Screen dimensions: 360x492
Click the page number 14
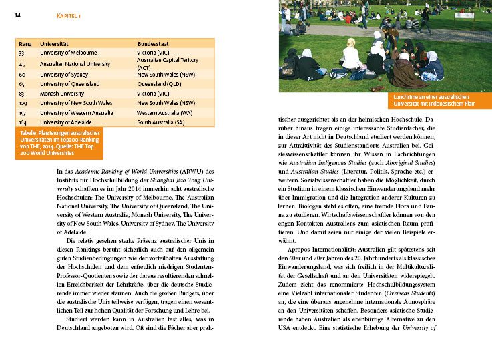[17, 15]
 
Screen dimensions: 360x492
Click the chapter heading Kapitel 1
[69, 15]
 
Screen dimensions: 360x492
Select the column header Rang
[25, 43]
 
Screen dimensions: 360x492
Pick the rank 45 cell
[22, 64]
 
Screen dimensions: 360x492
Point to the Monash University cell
[62, 94]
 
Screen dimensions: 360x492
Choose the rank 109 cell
[23, 103]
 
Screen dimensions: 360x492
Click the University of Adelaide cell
[67, 122]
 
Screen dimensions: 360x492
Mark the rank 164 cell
[23, 122]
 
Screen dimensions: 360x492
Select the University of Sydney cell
[64, 75]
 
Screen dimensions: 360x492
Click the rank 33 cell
[22, 52]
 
